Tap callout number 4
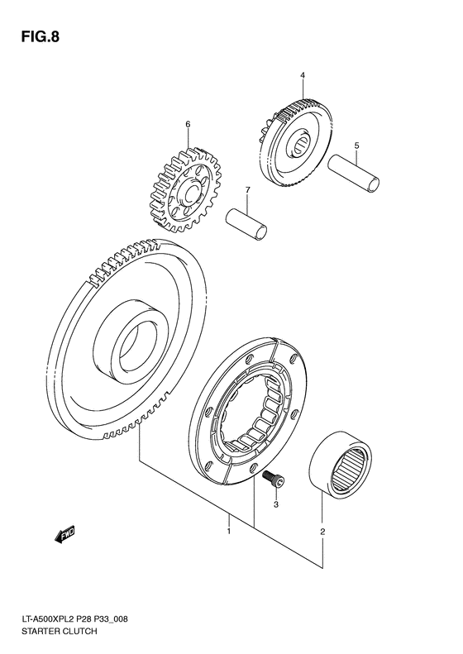303,76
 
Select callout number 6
188,124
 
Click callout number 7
246,193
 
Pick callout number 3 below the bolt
277,504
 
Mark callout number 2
322,532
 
